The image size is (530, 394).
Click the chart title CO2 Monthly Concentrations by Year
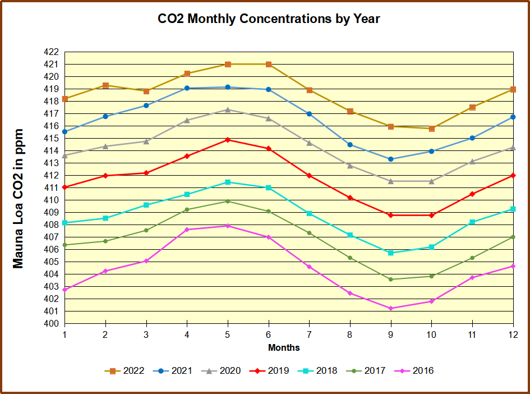pyautogui.click(x=269, y=19)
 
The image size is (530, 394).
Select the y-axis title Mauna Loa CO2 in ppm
pyautogui.click(x=19, y=198)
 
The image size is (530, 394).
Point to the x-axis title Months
pyautogui.click(x=284, y=348)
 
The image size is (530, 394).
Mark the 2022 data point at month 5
pyautogui.click(x=228, y=65)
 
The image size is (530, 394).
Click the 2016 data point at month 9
pyautogui.click(x=391, y=308)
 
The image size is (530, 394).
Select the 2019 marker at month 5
pyautogui.click(x=228, y=140)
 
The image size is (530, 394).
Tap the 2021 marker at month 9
pyautogui.click(x=391, y=159)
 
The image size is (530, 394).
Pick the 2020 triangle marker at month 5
pyautogui.click(x=228, y=109)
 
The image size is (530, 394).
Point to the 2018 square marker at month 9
pyautogui.click(x=391, y=253)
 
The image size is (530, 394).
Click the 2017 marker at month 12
pyautogui.click(x=513, y=237)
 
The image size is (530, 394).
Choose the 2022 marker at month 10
pyautogui.click(x=432, y=129)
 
